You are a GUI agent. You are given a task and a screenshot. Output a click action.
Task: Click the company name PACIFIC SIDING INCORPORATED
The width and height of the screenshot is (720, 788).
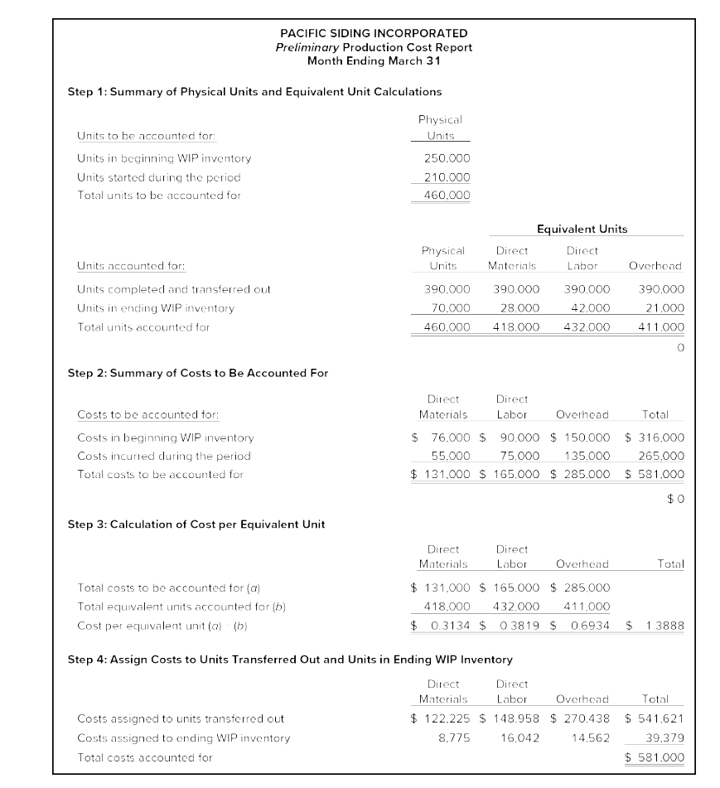coord(373,33)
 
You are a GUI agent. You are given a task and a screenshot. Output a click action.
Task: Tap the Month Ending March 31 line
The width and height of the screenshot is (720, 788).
coord(373,60)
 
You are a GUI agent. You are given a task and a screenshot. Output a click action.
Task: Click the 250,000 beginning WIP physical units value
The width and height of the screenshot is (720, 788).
coord(447,158)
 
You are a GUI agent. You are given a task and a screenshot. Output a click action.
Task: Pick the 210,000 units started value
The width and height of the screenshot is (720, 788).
coord(447,177)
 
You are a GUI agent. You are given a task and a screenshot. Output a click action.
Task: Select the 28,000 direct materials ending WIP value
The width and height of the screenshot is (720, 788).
coord(517,308)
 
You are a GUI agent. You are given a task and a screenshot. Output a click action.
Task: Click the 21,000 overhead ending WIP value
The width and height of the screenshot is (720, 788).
coord(662,308)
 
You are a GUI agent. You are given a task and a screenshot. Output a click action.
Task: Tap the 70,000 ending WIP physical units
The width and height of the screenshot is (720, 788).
coord(447,308)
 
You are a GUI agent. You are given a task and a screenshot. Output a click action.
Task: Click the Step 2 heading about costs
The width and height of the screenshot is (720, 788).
coord(197,373)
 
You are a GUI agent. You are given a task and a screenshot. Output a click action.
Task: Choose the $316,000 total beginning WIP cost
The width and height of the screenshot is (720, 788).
coord(655,438)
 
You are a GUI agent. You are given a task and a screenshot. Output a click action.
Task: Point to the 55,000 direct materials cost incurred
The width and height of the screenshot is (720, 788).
coord(451,456)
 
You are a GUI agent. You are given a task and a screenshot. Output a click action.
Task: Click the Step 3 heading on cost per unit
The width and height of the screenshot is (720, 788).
coord(196,525)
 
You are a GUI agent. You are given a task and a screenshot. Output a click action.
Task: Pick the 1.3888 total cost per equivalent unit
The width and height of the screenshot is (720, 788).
coord(662,626)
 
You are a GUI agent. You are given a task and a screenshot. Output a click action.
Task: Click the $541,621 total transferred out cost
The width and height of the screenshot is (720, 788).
coord(655,719)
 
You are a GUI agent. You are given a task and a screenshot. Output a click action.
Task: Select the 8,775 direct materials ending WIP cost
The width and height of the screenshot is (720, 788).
coord(454,737)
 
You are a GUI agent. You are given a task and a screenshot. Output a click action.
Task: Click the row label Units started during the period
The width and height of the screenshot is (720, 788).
coord(159,177)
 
